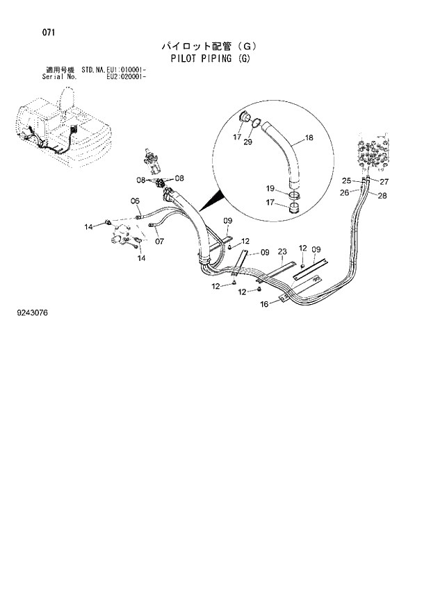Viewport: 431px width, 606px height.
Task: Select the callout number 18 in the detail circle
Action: pos(309,138)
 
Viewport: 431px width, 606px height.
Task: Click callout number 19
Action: pos(270,188)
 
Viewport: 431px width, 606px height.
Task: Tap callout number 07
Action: pos(158,242)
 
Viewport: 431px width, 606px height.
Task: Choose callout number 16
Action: pos(264,304)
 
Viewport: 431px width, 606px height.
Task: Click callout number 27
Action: pos(384,182)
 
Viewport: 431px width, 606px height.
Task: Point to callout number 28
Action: pos(382,196)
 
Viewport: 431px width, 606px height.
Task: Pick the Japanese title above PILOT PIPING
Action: pos(209,47)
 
